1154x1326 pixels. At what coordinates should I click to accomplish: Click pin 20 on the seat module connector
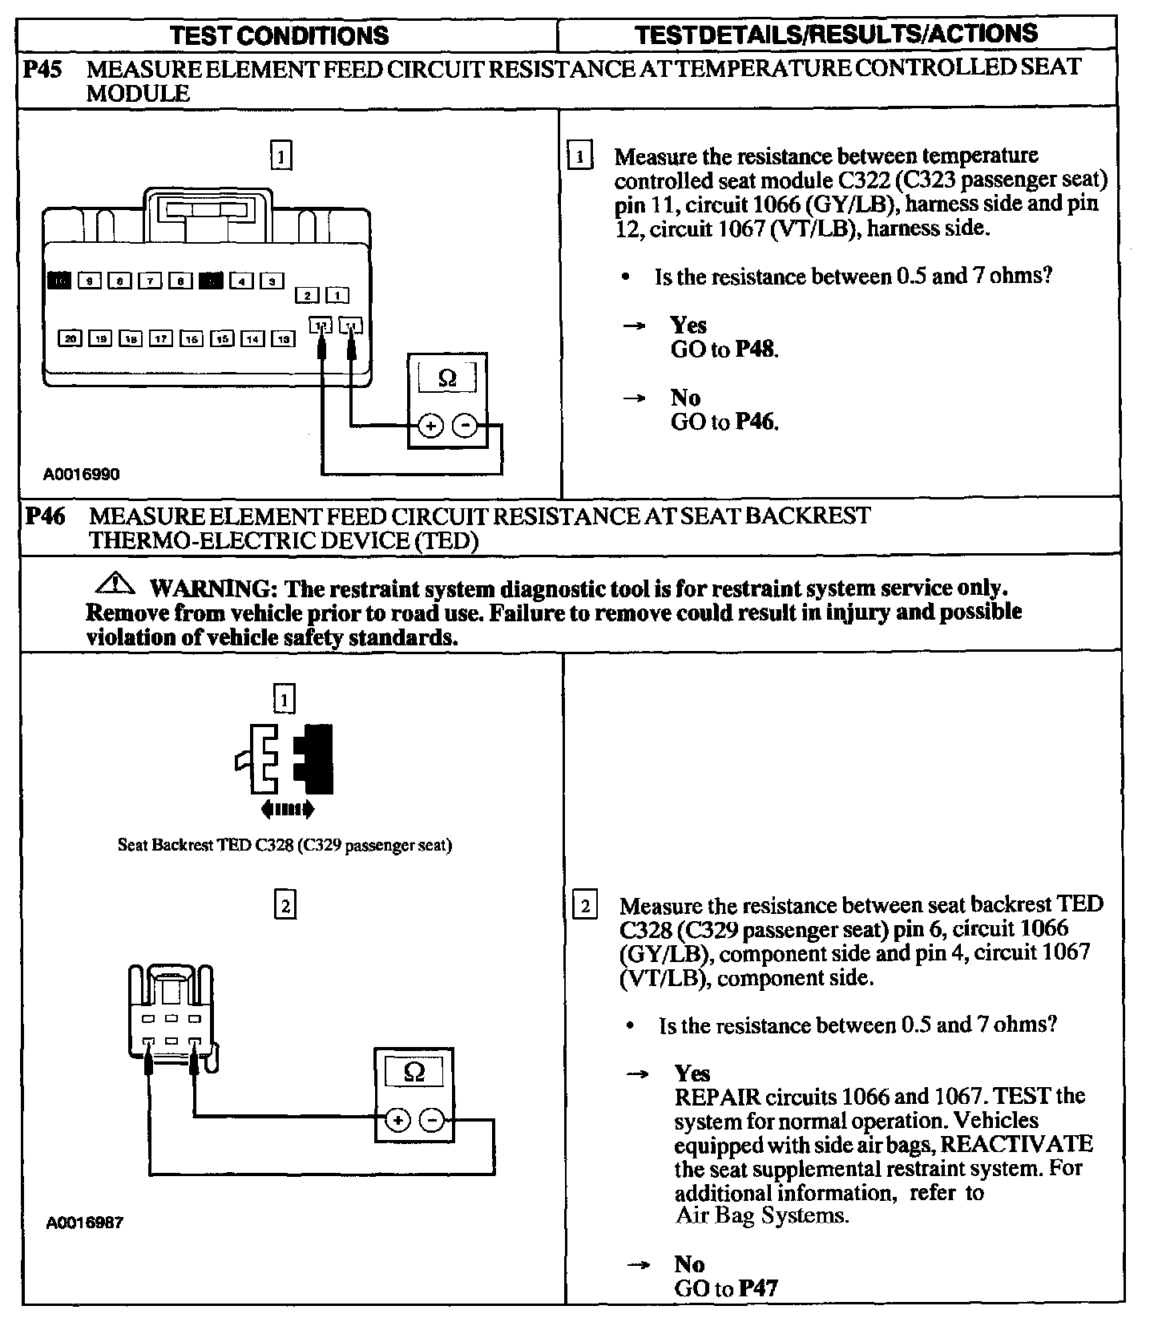pos(71,339)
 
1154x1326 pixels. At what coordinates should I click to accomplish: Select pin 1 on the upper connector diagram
pos(337,296)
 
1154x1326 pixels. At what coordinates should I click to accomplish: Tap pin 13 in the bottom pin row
pos(283,339)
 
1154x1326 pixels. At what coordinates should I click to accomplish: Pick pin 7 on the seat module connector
pos(150,281)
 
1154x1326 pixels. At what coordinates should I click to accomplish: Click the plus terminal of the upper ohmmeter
pos(430,426)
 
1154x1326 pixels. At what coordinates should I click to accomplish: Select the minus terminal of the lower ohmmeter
pos(432,1120)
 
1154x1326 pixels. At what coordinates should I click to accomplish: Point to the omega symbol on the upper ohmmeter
pos(448,378)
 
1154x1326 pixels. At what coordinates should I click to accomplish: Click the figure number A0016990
pos(82,475)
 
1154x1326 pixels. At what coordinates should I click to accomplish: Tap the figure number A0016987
pos(85,1223)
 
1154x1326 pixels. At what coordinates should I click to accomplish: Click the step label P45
pos(43,70)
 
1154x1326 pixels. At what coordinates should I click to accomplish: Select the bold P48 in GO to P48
pos(756,350)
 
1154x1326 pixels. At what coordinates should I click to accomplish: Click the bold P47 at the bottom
pos(757,1288)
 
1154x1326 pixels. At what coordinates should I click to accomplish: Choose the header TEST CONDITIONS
pos(280,35)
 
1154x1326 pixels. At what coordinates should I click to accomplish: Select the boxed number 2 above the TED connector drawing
pos(284,906)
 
